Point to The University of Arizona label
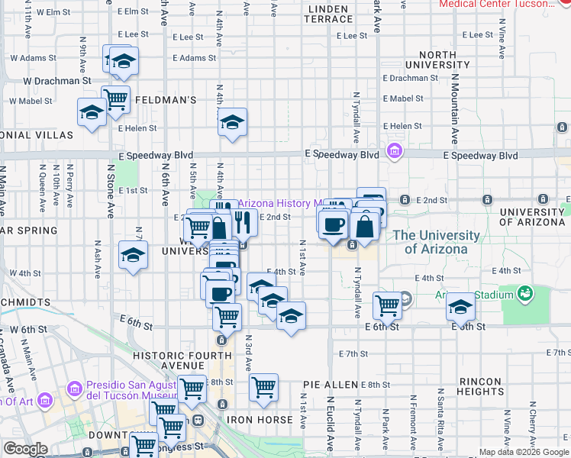coord(437,242)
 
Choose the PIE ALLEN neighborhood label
coord(330,384)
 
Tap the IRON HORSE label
coord(259,420)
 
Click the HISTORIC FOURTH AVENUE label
coord(182,361)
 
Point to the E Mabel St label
coord(402,98)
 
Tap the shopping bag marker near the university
coord(365,226)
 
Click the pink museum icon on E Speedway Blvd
coord(394,151)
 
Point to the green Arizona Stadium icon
coord(525,293)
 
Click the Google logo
coord(25,449)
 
